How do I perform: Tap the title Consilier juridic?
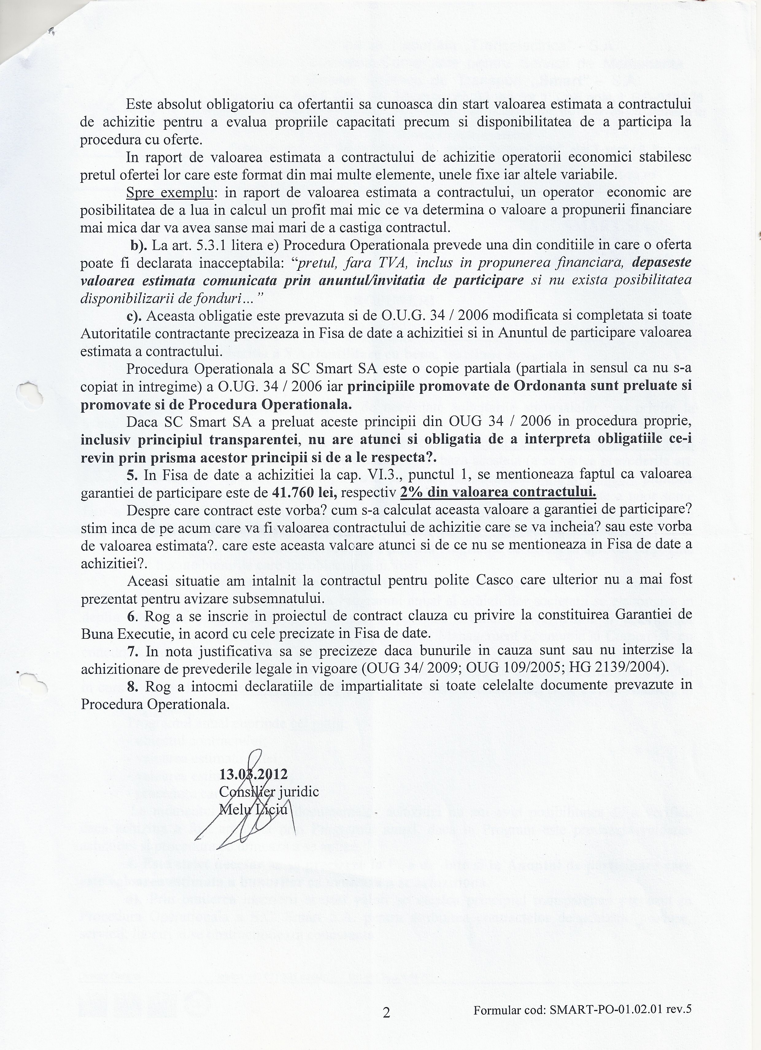coord(268,792)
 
